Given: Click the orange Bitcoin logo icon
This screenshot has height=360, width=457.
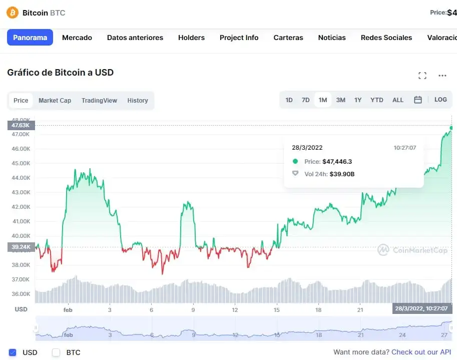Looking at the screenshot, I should pyautogui.click(x=13, y=13).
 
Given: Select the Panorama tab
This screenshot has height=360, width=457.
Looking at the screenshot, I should pyautogui.click(x=30, y=38).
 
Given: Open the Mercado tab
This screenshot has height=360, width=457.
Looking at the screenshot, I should pyautogui.click(x=77, y=38).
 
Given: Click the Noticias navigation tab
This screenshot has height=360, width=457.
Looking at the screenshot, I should pyautogui.click(x=332, y=38).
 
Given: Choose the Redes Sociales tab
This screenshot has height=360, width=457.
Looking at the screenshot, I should pyautogui.click(x=386, y=38).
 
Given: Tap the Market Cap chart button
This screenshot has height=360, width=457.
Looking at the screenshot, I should pyautogui.click(x=55, y=100).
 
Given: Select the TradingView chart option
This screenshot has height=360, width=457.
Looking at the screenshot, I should pyautogui.click(x=99, y=100).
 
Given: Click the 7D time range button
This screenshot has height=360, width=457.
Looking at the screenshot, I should pyautogui.click(x=305, y=100).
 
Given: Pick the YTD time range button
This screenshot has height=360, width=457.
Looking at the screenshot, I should pyautogui.click(x=377, y=100).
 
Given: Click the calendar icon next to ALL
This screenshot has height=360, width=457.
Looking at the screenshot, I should pyautogui.click(x=418, y=100).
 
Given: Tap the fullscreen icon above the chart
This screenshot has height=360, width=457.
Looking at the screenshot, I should pyautogui.click(x=422, y=76).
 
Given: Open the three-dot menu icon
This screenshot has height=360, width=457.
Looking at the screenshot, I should pyautogui.click(x=442, y=76).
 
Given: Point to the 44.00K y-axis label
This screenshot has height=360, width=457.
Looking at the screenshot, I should pyautogui.click(x=21, y=178).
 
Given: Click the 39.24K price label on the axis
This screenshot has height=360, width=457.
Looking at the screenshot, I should pyautogui.click(x=21, y=247).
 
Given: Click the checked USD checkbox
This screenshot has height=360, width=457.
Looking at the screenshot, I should pyautogui.click(x=13, y=352).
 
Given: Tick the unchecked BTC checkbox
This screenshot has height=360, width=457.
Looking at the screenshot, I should pyautogui.click(x=57, y=352).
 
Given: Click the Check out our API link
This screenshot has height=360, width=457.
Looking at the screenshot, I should pyautogui.click(x=421, y=352).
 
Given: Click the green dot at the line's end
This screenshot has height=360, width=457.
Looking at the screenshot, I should pyautogui.click(x=451, y=128).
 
